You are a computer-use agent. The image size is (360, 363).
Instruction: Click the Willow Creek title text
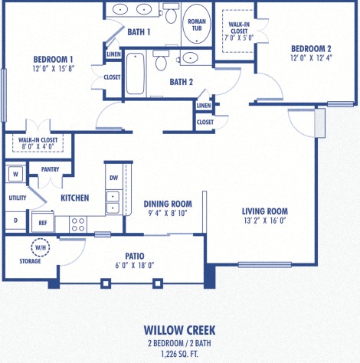(x=179, y=329)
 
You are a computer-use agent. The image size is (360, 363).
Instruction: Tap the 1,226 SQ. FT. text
(x=179, y=355)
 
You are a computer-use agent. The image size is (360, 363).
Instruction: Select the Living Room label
(x=264, y=211)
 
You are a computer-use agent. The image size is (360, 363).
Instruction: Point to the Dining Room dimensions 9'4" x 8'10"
(x=167, y=214)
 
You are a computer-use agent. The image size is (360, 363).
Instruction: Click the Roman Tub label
(x=196, y=25)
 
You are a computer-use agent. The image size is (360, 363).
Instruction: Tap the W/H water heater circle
(x=39, y=247)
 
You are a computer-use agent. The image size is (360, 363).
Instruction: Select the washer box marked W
(x=15, y=175)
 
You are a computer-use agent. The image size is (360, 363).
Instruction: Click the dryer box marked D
(x=15, y=221)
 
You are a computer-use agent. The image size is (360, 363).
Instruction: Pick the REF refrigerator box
(x=43, y=223)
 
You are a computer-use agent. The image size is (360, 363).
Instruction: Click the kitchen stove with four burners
(x=78, y=224)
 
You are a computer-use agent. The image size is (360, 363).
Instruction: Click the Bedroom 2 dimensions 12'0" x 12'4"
(x=310, y=57)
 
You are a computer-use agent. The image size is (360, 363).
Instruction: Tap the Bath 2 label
(x=180, y=82)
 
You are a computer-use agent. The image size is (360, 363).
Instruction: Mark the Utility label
(x=17, y=198)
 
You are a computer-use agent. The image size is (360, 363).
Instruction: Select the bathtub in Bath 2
(x=136, y=75)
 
